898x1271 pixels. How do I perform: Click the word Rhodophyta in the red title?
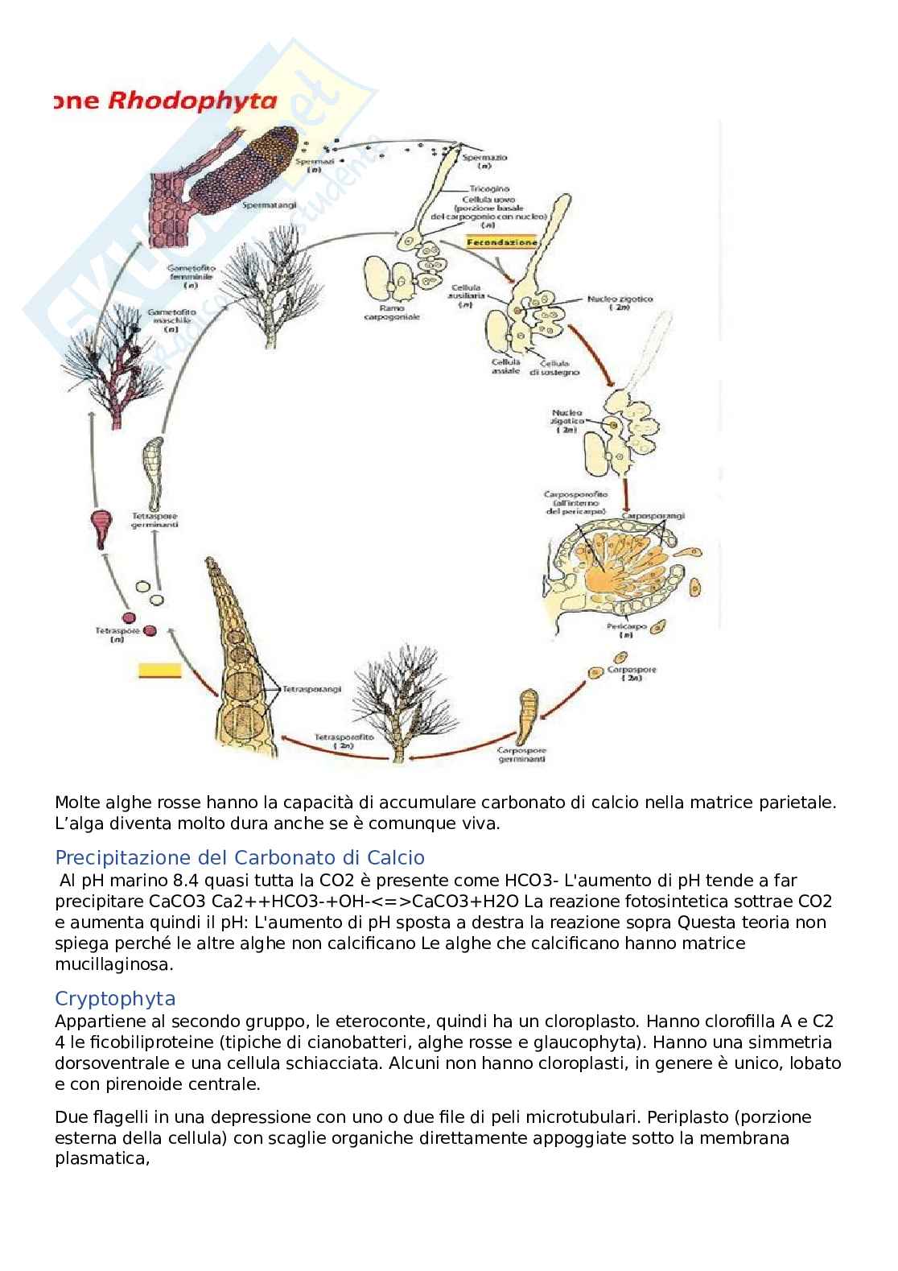coord(193,101)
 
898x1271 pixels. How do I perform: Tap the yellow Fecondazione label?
coord(502,241)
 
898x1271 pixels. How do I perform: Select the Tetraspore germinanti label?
coord(154,520)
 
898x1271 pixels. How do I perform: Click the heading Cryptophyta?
coord(115,999)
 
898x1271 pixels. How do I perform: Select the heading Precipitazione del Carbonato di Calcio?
coord(240,857)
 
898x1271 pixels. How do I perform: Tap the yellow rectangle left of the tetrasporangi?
coord(160,671)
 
